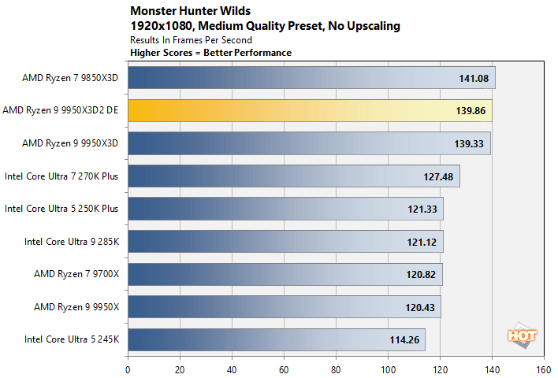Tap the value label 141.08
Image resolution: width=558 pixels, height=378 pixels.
point(474,79)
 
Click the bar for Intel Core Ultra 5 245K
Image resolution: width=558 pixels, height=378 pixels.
point(276,340)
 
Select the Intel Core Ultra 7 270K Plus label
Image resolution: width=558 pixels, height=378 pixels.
point(61,176)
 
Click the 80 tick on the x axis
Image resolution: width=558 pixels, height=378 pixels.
point(336,368)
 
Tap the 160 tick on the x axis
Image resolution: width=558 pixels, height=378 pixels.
point(543,368)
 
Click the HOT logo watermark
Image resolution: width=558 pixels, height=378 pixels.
point(522,334)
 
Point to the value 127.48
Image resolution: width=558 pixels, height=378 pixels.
point(438,177)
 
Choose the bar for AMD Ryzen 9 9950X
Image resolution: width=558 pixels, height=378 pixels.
point(284,307)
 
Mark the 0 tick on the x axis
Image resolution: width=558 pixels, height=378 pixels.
point(128,368)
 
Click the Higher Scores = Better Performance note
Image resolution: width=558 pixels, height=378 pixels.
point(210,53)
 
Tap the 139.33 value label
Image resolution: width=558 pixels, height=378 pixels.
point(470,144)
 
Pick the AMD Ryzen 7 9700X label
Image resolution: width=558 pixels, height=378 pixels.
point(76,274)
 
